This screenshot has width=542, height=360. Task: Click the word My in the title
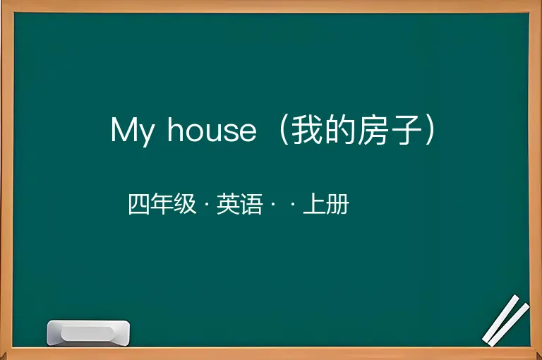pyautogui.click(x=133, y=131)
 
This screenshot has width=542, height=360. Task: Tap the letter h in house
pyautogui.click(x=175, y=128)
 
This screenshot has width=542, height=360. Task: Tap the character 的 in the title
pyautogui.click(x=339, y=129)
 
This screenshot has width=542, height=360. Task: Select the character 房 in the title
pyautogui.click(x=373, y=129)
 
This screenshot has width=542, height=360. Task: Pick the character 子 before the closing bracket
pyautogui.click(x=405, y=129)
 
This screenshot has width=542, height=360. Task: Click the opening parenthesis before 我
pyautogui.click(x=284, y=130)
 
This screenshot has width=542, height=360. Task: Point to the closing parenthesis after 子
pyautogui.click(x=430, y=130)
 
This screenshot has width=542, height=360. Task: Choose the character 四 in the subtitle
pyautogui.click(x=139, y=204)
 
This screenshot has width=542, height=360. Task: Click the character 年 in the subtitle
pyautogui.click(x=162, y=204)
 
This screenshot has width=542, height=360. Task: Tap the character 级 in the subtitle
pyautogui.click(x=186, y=204)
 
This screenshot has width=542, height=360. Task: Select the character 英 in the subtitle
pyautogui.click(x=228, y=204)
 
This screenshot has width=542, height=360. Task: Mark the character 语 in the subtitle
pyautogui.click(x=251, y=204)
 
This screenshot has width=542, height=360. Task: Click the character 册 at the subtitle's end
pyautogui.click(x=337, y=204)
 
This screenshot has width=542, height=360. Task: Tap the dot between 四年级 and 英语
pyautogui.click(x=207, y=205)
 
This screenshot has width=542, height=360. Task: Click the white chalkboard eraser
pyautogui.click(x=88, y=333)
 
